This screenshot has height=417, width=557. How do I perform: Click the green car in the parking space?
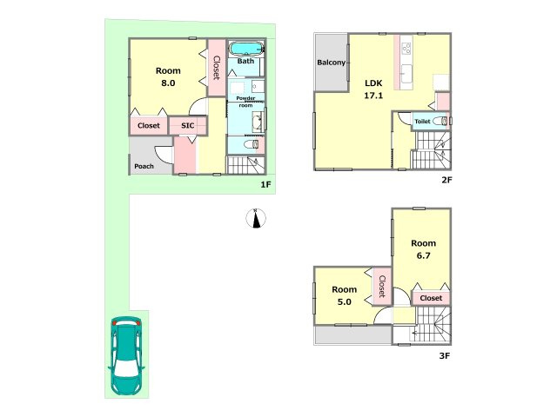[126, 356]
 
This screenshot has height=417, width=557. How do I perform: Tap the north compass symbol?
[256, 218]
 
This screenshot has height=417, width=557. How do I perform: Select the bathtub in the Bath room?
[245, 49]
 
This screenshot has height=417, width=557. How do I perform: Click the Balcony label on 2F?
[331, 63]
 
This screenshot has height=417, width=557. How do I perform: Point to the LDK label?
[373, 83]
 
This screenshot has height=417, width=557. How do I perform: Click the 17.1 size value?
[373, 96]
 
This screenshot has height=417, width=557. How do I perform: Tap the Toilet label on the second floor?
[422, 122]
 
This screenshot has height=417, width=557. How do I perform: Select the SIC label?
[188, 125]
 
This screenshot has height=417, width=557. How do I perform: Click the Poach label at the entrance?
[144, 166]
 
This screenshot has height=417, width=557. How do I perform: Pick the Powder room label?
[245, 102]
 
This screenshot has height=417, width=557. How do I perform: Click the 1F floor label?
[265, 184]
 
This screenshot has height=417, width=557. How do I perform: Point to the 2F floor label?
[446, 180]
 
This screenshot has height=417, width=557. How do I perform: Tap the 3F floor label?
[445, 355]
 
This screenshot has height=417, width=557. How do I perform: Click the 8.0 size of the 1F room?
[168, 83]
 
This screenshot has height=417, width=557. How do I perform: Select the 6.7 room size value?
[424, 255]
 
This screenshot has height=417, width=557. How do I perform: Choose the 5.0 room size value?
[345, 301]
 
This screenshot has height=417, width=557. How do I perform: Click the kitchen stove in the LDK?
[406, 49]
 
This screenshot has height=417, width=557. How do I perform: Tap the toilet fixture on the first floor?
[252, 145]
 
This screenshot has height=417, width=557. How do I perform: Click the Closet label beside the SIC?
[149, 125]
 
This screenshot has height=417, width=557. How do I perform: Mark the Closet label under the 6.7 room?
[431, 298]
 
